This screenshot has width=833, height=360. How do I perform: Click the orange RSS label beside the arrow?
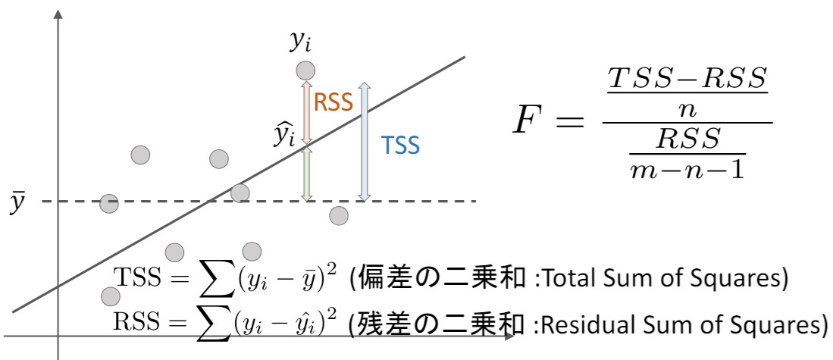point(334,105)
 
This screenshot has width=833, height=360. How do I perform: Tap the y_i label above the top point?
point(305,43)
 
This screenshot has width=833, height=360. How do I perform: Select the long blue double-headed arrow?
point(364,142)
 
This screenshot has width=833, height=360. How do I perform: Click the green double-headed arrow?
point(306,174)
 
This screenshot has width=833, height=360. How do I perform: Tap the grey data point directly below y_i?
point(305,70)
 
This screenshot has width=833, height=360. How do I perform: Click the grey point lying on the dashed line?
point(109,203)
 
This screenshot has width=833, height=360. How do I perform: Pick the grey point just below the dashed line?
point(339,216)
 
